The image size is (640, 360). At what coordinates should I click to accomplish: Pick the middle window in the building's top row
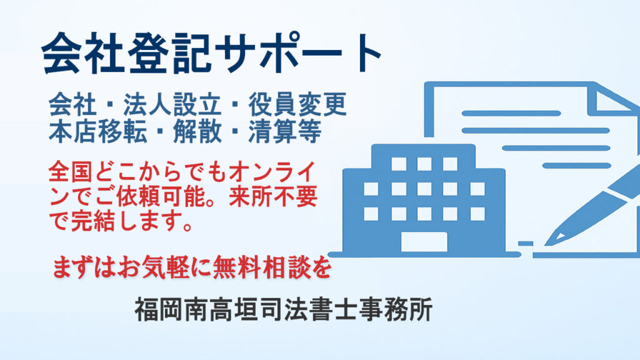(424, 164)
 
